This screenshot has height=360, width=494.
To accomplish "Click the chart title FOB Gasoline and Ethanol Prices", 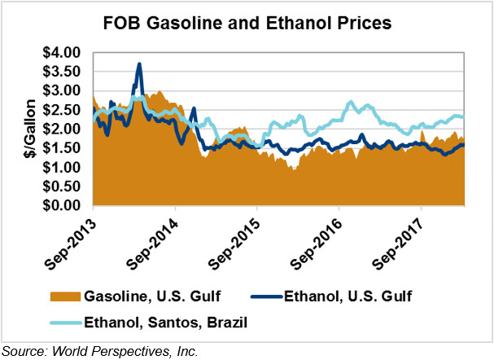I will coord(247,24).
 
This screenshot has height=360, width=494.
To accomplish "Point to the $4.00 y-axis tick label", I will coord(63,53).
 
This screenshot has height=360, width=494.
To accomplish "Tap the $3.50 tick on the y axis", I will coord(63,72).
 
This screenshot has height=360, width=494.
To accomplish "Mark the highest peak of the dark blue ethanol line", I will coord(139,64).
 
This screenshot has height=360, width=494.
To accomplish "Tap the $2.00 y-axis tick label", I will coord(63,129).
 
